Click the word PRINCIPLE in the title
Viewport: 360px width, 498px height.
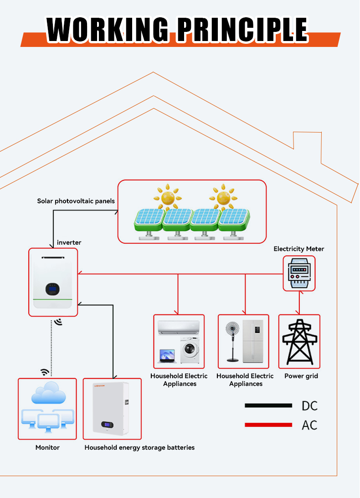[x=242, y=30]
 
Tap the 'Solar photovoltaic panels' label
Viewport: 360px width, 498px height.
[x=76, y=201]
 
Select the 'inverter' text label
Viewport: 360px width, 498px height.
[x=69, y=242]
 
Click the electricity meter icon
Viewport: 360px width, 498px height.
[x=299, y=273]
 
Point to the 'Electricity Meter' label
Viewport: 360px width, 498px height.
[x=299, y=249]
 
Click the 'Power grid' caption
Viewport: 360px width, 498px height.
[x=301, y=376]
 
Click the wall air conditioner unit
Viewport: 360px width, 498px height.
[x=178, y=327]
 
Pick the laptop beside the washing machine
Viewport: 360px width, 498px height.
[x=166, y=356]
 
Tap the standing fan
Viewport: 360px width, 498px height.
[x=233, y=340]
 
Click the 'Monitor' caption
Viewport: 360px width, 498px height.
[x=47, y=447]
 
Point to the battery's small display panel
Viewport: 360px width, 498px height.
[x=106, y=424]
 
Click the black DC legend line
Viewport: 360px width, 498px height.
[x=268, y=405]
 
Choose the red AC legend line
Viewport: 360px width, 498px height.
[x=268, y=425]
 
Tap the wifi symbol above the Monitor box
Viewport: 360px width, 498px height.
[x=45, y=372]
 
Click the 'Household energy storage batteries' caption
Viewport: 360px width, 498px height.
[x=139, y=447]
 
